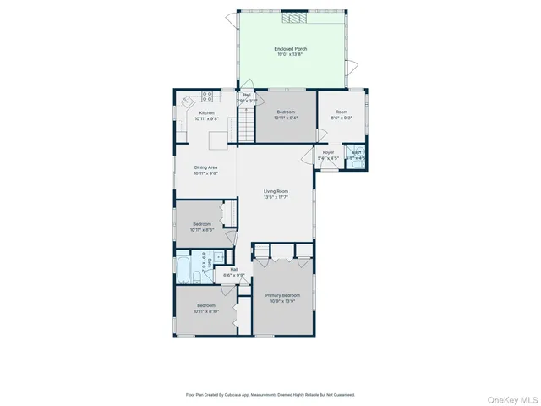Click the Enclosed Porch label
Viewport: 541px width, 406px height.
(290, 49)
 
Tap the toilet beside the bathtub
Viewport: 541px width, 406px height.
(195, 277)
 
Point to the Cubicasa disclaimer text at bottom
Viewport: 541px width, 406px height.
(270, 394)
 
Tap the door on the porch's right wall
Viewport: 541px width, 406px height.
(354, 63)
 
